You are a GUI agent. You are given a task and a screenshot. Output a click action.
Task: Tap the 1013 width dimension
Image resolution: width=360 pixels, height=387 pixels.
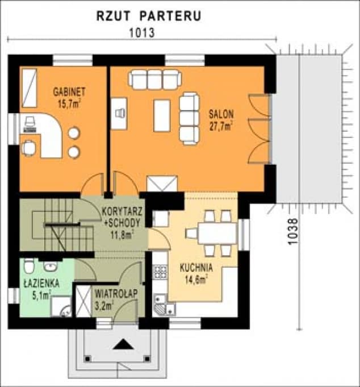[x=142, y=32]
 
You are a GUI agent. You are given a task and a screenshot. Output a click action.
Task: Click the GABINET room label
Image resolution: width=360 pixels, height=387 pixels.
[x=69, y=91]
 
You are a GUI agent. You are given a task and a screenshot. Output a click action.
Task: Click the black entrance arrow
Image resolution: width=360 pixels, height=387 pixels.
[x=122, y=344]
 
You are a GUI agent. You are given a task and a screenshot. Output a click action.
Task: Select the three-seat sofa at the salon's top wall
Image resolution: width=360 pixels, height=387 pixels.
[x=154, y=79]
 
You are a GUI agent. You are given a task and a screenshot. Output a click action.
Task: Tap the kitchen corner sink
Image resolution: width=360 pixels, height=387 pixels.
[x=164, y=307]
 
